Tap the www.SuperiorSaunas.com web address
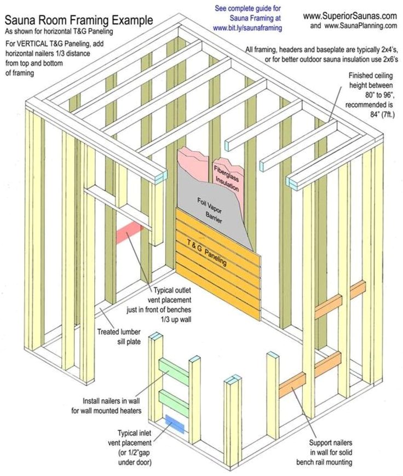click(x=350, y=16)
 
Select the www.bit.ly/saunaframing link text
click(x=247, y=27)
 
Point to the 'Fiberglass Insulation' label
click(x=223, y=175)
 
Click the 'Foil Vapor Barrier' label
click(x=210, y=208)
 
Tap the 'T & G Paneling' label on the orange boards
click(x=206, y=252)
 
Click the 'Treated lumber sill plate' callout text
click(x=119, y=336)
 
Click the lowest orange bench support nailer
click(x=291, y=385)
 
